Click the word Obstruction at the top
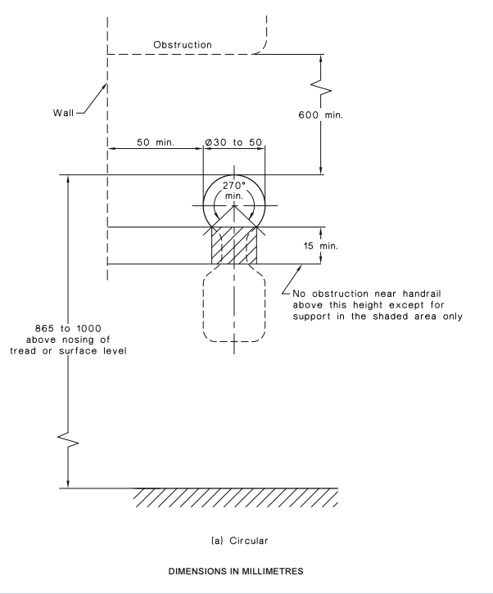tap(183, 45)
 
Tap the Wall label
tap(63, 113)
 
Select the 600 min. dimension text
tap(320, 115)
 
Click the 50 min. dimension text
tap(156, 142)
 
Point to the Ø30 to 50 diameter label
tap(233, 142)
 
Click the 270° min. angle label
tap(234, 191)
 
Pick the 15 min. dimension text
tap(320, 245)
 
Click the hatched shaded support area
tap(234, 245)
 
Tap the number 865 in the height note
tap(44, 328)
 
